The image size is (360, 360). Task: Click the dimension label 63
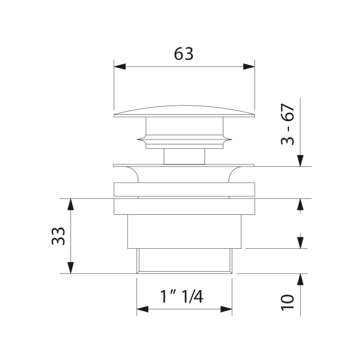pos(183,54)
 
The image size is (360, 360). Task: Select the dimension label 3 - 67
pos(287,125)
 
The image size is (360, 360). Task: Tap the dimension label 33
pos(58,235)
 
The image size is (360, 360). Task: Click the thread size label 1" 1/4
pos(182,296)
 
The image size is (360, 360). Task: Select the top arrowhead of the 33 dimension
pos(71,204)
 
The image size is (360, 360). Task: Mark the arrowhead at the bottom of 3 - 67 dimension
pos(300,161)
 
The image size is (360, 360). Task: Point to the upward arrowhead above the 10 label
pos(300,280)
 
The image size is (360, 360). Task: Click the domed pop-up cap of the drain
pos(184,111)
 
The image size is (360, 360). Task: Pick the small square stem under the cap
pos(184,155)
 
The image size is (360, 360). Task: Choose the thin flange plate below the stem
pos(184,165)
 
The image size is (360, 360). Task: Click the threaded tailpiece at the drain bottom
pos(184,260)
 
